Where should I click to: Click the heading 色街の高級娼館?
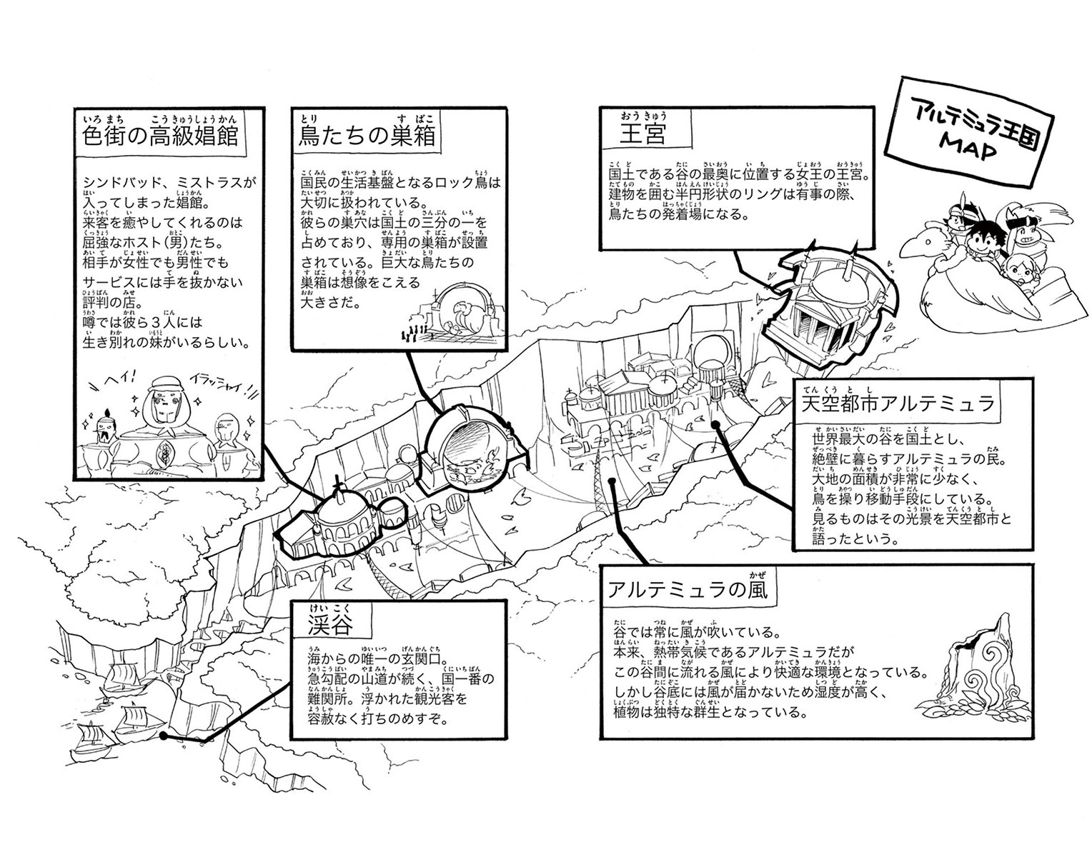pos(160,136)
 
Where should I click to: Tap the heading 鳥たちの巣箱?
pos(366,136)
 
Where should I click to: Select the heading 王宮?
pos(644,135)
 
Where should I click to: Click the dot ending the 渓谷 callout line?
pos(164,735)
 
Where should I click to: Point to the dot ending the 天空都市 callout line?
pos(716,424)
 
